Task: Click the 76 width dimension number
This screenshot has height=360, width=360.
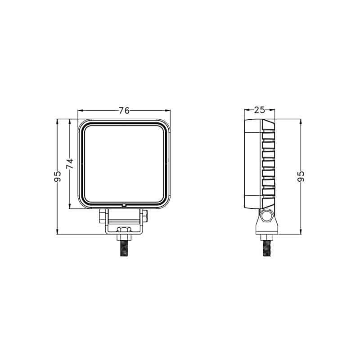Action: tap(124, 111)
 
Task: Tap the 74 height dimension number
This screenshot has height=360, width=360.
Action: tap(70, 164)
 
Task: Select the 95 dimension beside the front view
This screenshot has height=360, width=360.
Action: tap(57, 176)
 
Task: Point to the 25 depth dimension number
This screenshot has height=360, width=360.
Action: tap(259, 110)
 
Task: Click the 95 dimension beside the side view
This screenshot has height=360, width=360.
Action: tap(301, 176)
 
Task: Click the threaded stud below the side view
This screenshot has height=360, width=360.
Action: tap(266, 248)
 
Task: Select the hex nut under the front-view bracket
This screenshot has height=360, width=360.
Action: tap(124, 235)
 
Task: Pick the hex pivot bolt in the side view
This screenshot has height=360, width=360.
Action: tap(266, 216)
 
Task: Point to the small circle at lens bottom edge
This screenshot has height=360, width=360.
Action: tap(124, 205)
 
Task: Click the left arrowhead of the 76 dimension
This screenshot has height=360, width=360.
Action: tap(80, 110)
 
